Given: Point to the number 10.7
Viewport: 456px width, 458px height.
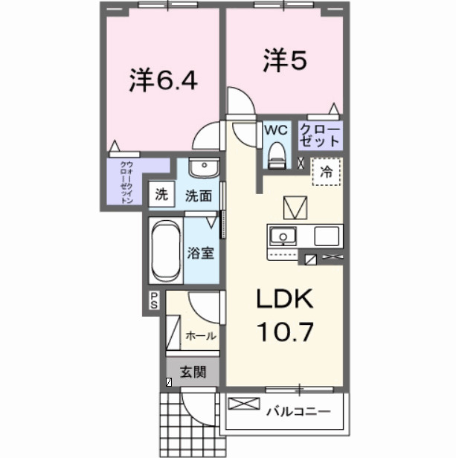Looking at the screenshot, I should point(286,329).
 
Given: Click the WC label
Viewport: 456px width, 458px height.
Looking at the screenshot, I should point(276,130).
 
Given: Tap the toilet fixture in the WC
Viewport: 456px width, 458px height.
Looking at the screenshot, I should point(276,155).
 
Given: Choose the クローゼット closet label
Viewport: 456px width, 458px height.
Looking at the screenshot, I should point(320,135).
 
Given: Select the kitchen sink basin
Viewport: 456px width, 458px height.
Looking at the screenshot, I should point(282,237).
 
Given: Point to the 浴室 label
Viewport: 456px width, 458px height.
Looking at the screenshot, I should point(201,253).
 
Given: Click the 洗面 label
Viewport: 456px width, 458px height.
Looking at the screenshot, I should point(199,196).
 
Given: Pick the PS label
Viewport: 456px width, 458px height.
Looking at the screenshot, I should point(154,300).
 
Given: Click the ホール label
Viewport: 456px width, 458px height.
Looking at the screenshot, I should point(201,335).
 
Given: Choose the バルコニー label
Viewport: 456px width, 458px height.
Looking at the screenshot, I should point(295,408).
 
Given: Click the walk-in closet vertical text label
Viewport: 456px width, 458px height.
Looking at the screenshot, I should point(127,183).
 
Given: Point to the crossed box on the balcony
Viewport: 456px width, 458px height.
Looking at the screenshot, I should point(240,405).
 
